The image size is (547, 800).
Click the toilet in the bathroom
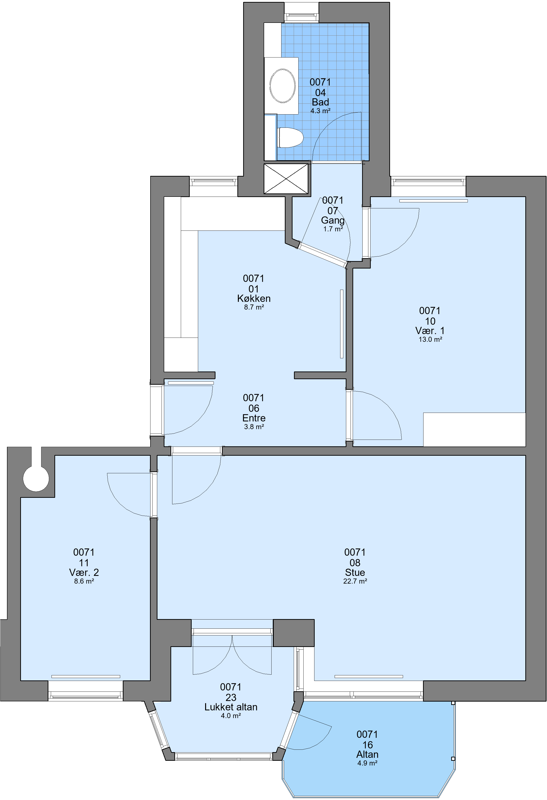pyautogui.click(x=290, y=138)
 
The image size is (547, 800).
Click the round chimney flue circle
pyautogui.click(x=36, y=479)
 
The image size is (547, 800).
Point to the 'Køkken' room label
pyautogui.click(x=254, y=298)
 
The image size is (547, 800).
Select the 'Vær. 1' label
pyautogui.click(x=430, y=331)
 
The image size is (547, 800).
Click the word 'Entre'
pyautogui.click(x=254, y=418)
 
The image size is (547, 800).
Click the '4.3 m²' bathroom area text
pyautogui.click(x=320, y=111)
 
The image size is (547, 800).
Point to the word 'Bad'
pyautogui.click(x=320, y=102)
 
